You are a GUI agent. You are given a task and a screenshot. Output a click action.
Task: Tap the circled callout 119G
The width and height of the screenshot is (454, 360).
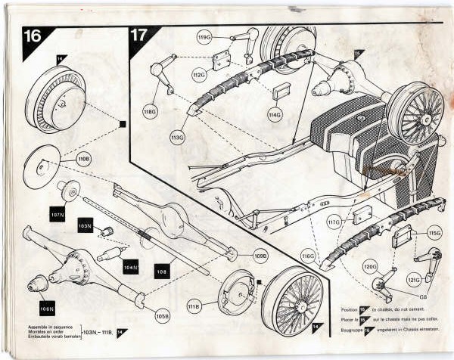point(204,36)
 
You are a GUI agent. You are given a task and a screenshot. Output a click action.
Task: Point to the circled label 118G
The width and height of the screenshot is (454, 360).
point(150,112)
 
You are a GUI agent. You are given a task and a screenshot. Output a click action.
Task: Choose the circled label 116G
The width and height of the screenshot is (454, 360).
point(308,258)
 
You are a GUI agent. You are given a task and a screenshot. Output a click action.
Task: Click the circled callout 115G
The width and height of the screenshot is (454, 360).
point(434,233)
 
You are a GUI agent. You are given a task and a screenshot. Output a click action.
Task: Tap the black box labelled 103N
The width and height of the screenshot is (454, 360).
point(84,225)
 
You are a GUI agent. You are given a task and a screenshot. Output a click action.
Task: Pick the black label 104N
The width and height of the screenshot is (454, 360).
point(131,267)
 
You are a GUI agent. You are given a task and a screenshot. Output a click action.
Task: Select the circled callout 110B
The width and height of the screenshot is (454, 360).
point(84,159)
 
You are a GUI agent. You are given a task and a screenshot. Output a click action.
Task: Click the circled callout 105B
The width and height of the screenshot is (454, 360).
point(161,315)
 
